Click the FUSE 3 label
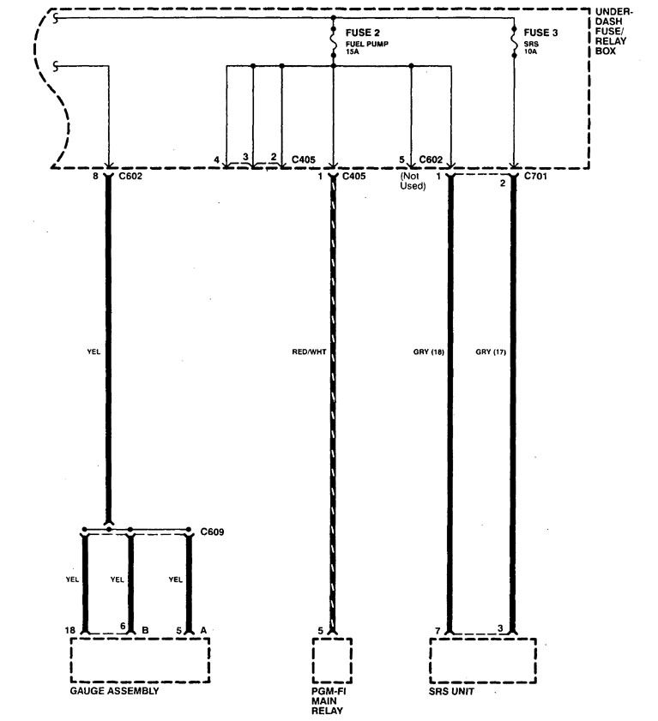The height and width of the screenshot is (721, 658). click(x=540, y=33)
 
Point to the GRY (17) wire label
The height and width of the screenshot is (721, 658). click(x=491, y=350)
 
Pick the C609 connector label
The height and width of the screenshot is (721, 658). click(x=212, y=531)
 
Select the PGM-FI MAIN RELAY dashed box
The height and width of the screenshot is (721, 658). click(x=332, y=658)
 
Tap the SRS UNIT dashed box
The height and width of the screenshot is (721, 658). click(x=481, y=658)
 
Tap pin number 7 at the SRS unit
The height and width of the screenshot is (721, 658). click(x=438, y=630)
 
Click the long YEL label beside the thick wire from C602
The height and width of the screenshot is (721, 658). click(x=94, y=350)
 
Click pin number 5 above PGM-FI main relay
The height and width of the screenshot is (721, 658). click(x=321, y=630)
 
